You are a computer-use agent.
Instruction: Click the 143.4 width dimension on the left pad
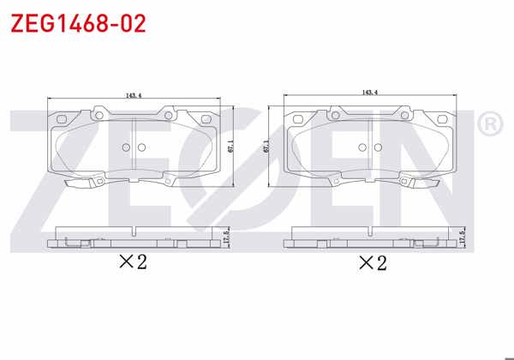click(133, 95)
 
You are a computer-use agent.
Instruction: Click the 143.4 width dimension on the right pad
click(370, 92)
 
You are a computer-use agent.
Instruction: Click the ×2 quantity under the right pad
click(372, 262)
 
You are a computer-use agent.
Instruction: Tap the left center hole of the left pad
click(126, 147)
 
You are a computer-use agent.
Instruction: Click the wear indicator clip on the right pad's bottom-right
click(434, 183)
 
